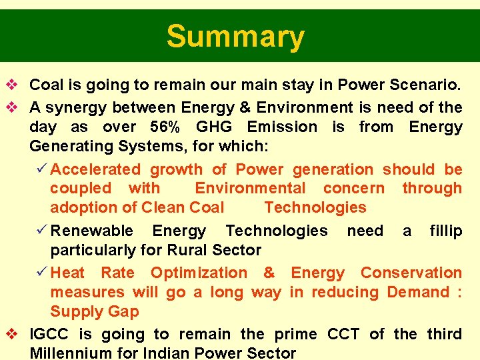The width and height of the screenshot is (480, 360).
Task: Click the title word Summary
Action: pyautogui.click(x=235, y=37)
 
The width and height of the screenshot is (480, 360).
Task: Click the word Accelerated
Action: pyautogui.click(x=95, y=170)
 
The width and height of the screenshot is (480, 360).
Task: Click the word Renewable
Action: pyautogui.click(x=92, y=231)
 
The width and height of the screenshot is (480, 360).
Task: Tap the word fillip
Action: pyautogui.click(x=445, y=231)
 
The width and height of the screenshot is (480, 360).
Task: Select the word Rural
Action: pyautogui.click(x=185, y=250)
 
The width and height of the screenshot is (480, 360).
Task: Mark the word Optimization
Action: pyautogui.click(x=199, y=273)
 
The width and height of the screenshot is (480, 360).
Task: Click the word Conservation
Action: pyautogui.click(x=411, y=273)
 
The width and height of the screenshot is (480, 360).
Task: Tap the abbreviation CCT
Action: pyautogui.click(x=343, y=334)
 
